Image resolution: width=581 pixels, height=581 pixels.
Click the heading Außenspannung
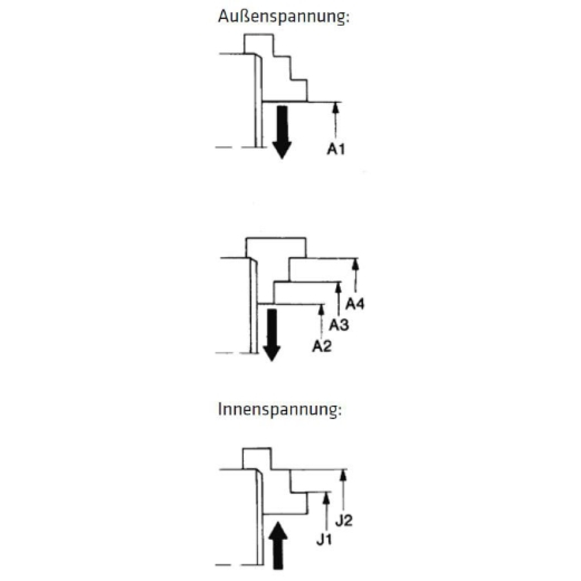(283, 16)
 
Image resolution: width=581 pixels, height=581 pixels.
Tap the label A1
(336, 149)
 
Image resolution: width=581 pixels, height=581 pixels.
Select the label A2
(322, 346)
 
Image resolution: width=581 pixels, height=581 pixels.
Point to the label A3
(339, 324)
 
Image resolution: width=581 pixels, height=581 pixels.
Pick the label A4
(355, 304)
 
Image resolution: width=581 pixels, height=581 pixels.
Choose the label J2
(343, 521)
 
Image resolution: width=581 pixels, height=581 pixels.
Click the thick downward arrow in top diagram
(281, 131)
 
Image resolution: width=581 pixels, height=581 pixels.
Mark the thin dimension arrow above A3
(338, 298)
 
